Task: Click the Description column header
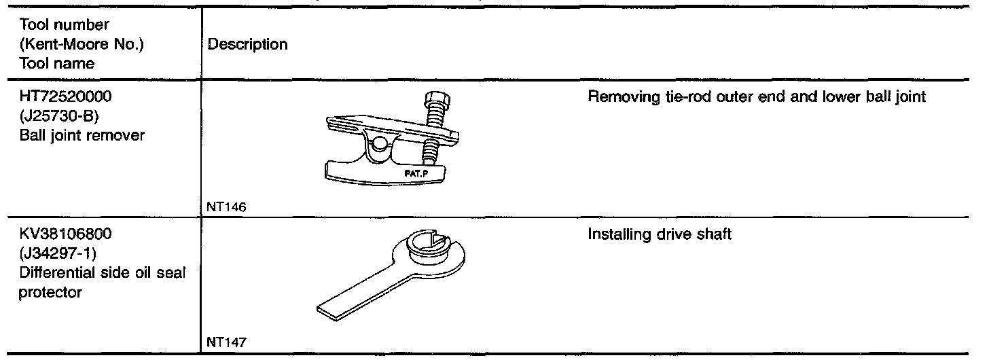(247, 45)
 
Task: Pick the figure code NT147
(221, 343)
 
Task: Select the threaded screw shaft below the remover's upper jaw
(428, 150)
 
